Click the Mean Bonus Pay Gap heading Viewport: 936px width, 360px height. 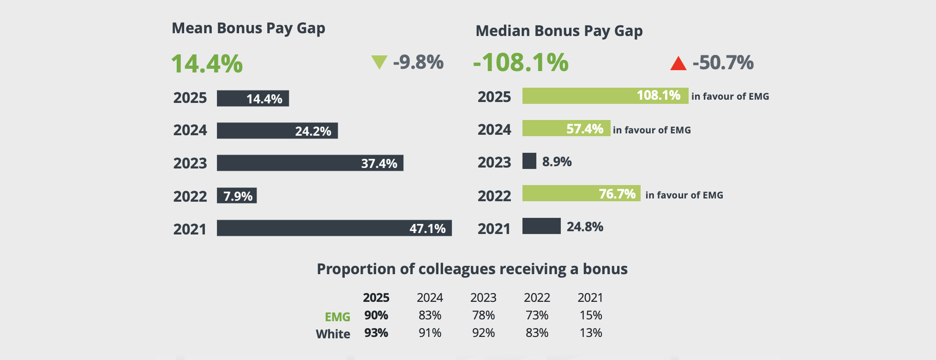(x=248, y=29)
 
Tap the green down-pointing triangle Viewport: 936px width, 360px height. (x=379, y=62)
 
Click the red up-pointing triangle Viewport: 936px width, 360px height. (x=678, y=64)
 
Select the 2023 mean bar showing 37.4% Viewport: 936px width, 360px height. (x=310, y=163)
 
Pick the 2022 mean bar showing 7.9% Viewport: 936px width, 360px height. (x=237, y=196)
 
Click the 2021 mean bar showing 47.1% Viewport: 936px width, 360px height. (x=334, y=228)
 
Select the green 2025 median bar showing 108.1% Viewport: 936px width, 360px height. (x=605, y=96)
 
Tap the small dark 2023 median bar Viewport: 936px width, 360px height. (x=529, y=161)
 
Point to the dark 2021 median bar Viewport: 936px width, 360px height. (x=541, y=226)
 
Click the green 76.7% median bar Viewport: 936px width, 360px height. (x=581, y=193)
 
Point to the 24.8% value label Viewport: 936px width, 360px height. (x=585, y=227)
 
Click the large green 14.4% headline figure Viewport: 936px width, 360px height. (x=207, y=64)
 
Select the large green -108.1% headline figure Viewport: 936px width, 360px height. (x=521, y=63)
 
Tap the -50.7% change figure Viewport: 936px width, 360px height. (x=723, y=63)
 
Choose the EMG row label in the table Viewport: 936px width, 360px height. (x=337, y=317)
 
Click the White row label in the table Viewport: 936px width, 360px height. (x=333, y=334)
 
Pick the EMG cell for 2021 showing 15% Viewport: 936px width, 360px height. (x=591, y=315)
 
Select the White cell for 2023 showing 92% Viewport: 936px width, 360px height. (x=483, y=333)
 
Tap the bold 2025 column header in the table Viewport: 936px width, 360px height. (x=376, y=298)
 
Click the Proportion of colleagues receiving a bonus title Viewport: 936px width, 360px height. (x=472, y=269)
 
